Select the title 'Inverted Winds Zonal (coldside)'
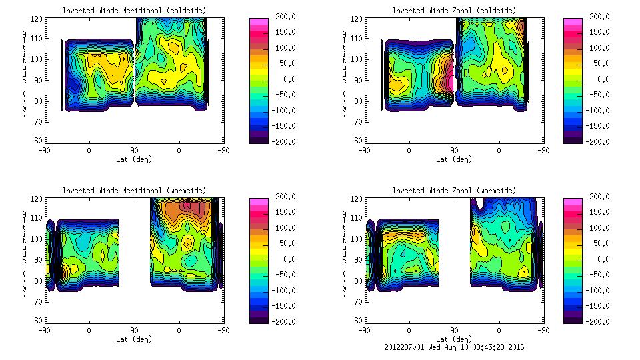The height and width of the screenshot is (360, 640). coord(454,10)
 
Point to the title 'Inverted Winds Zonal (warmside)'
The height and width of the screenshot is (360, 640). coord(454,190)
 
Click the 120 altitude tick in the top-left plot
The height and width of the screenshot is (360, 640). coord(37,19)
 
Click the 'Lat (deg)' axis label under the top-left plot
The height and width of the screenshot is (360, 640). coord(134,159)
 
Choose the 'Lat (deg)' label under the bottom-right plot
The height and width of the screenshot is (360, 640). coord(455,339)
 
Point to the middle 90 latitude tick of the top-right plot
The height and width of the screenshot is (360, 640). coord(455,150)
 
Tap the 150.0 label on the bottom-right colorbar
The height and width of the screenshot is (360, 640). coord(597,212)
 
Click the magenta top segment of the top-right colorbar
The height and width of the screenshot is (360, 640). coord(572,21)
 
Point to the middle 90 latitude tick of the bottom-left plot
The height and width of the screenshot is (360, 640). coord(134,330)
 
